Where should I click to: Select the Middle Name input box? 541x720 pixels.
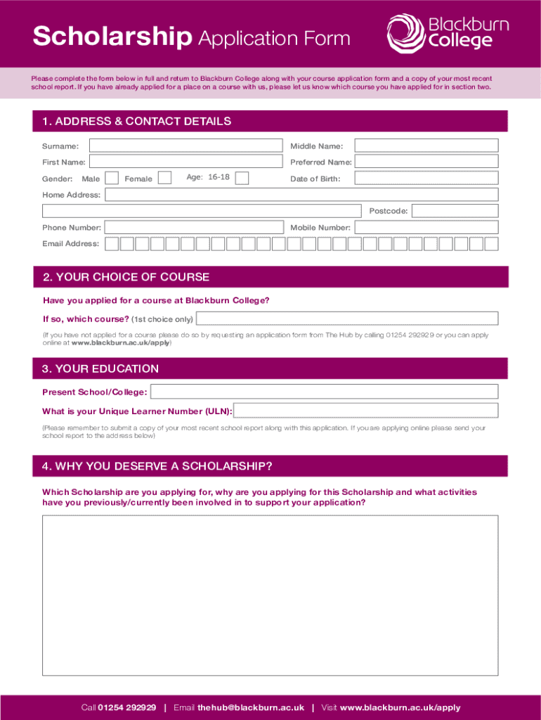[426, 146]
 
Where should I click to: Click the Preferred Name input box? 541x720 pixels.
[426, 162]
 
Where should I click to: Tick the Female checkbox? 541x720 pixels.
[164, 178]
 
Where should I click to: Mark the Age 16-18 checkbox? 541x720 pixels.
[242, 178]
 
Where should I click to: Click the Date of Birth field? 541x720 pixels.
[426, 178]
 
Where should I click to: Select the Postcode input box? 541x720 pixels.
[455, 211]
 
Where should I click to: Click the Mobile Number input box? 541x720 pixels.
[426, 227]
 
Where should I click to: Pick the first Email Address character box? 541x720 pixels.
[111, 244]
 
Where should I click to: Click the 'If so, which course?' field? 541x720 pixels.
[347, 319]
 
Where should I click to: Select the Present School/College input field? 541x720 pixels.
[324, 392]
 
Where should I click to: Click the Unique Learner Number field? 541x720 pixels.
[366, 411]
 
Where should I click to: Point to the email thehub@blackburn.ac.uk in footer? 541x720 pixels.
[251, 707]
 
